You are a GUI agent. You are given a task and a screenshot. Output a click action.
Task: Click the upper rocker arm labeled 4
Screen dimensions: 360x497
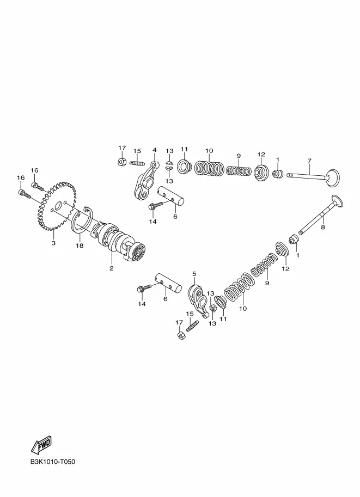click(x=144, y=184)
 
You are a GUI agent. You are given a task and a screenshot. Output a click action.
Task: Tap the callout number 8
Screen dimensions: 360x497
click(x=323, y=227)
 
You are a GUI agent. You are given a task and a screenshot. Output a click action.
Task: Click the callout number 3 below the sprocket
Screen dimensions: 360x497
click(x=53, y=243)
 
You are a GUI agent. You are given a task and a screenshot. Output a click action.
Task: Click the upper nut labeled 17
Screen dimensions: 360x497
click(x=121, y=162)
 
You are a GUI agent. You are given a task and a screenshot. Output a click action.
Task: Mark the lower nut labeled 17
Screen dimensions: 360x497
click(x=181, y=335)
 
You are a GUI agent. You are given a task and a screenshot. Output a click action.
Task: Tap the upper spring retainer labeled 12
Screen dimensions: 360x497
click(x=261, y=174)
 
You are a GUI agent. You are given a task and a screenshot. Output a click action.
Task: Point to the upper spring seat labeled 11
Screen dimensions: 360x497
click(x=184, y=167)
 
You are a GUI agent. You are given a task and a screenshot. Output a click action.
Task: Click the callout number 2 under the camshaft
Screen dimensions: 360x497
click(x=111, y=268)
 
